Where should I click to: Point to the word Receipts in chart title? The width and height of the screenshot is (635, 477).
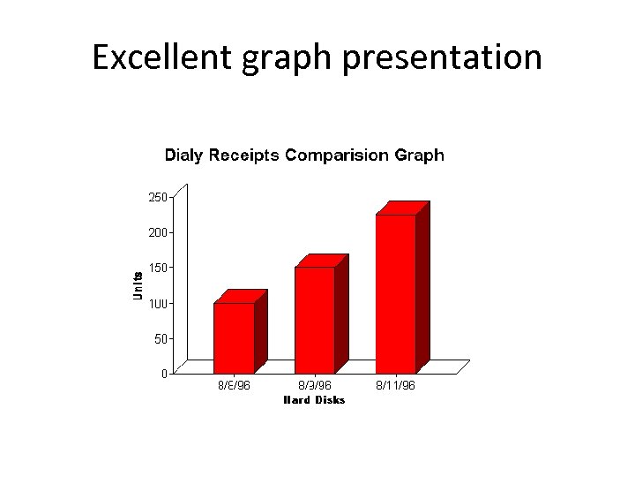click(243, 155)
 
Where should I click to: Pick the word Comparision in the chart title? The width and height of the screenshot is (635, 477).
click(335, 155)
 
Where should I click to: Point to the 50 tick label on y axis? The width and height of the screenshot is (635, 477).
click(161, 337)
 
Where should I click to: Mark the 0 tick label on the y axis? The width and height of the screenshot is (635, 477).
click(164, 373)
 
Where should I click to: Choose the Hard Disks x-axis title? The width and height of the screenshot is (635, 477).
click(314, 400)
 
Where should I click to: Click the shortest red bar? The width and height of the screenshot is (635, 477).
click(234, 337)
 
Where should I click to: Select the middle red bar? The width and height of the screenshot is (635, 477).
click(315, 319)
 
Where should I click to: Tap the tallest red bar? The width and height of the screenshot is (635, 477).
click(395, 292)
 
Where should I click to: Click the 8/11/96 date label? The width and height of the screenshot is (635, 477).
click(395, 386)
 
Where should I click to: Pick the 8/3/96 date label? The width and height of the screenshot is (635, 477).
click(314, 386)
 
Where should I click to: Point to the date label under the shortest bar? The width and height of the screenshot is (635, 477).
click(234, 386)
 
